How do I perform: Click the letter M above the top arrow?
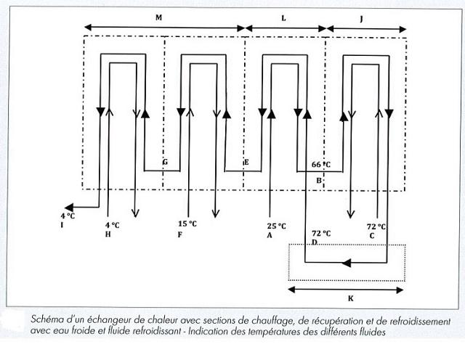(x=158, y=17)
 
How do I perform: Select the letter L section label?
(x=283, y=18)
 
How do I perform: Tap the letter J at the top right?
(x=361, y=20)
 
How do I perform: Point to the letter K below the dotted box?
(x=350, y=298)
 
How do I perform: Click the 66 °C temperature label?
(x=321, y=165)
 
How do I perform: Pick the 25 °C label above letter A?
(x=276, y=226)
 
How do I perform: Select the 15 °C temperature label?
(x=187, y=224)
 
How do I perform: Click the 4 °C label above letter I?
(x=68, y=216)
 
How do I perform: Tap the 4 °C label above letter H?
(x=113, y=225)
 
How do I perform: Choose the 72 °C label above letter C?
(x=376, y=226)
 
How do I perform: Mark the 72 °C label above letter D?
(x=321, y=234)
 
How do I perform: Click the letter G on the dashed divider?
(x=166, y=162)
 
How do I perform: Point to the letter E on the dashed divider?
(x=246, y=163)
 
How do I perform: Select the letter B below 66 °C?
(x=319, y=180)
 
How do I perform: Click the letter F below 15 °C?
(x=179, y=234)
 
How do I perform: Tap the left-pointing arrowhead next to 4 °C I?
(x=69, y=207)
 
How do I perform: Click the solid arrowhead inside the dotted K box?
(x=347, y=263)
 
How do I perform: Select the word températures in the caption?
(x=270, y=332)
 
